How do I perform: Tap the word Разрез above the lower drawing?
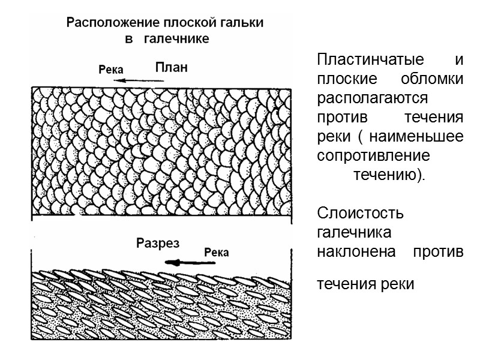158,244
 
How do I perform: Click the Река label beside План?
110,69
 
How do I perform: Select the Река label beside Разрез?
217,252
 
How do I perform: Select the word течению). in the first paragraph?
387,176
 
